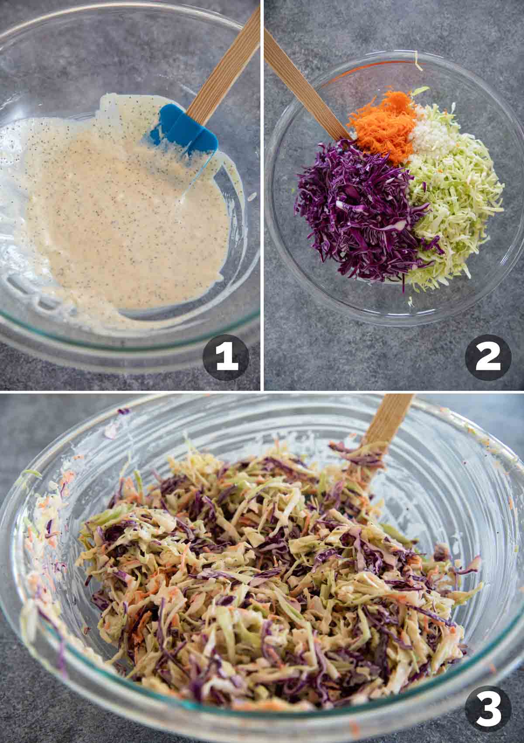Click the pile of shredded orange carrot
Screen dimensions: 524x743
tap(381, 128)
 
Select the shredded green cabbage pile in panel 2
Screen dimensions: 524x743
tap(456, 202)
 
